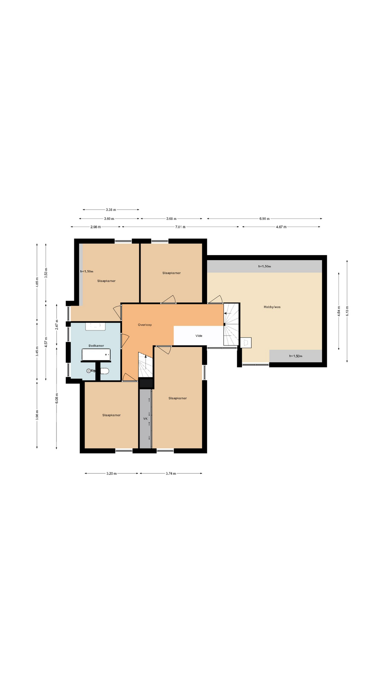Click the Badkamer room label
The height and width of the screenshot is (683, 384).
coord(96,345)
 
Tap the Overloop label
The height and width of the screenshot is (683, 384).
coord(145,325)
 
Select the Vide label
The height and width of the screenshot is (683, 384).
coord(199,336)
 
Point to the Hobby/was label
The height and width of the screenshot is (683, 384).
coord(272,307)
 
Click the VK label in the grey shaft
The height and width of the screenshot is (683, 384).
coord(145,419)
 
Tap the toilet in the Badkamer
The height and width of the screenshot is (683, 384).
coord(104,371)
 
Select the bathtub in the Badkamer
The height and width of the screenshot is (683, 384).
coord(96,355)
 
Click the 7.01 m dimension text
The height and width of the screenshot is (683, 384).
coord(181,227)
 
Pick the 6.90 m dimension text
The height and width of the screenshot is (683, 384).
coord(265,219)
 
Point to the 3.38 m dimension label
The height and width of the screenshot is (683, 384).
coord(111,210)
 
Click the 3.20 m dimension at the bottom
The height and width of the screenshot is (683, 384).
coord(112,473)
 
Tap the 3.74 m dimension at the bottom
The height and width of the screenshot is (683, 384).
coord(171,473)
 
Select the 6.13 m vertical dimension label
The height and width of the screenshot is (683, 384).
coord(347,311)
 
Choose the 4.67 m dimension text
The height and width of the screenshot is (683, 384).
coord(281,227)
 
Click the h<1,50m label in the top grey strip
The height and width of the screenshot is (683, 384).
coord(265,266)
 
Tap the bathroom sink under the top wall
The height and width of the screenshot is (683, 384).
coord(95,326)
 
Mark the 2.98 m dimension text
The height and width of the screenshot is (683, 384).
coord(95,227)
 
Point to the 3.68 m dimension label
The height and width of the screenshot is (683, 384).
coord(171,219)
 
